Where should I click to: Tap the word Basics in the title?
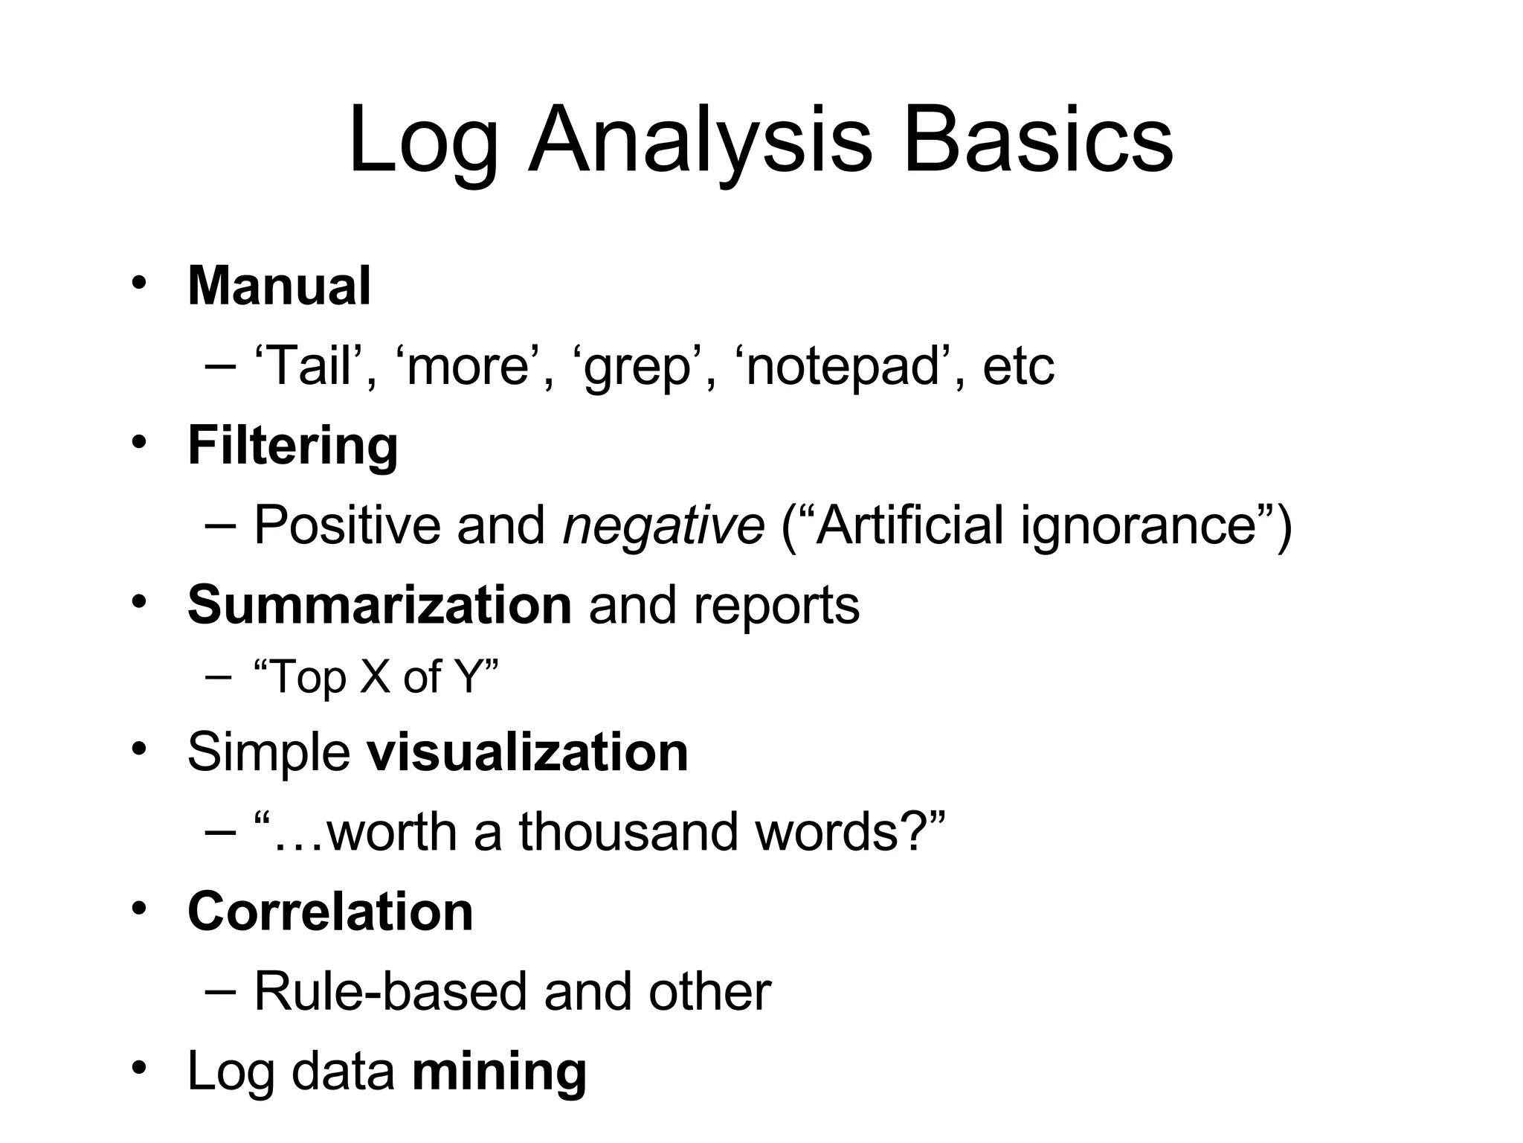click(1037, 141)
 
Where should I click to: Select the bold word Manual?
click(279, 286)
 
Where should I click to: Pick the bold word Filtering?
click(293, 446)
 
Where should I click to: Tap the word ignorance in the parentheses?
click(1138, 525)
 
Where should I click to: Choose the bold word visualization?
click(527, 752)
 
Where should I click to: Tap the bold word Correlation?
click(330, 912)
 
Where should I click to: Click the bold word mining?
click(499, 1072)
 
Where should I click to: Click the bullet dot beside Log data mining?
click(138, 1069)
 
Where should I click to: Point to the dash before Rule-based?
click(219, 991)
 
